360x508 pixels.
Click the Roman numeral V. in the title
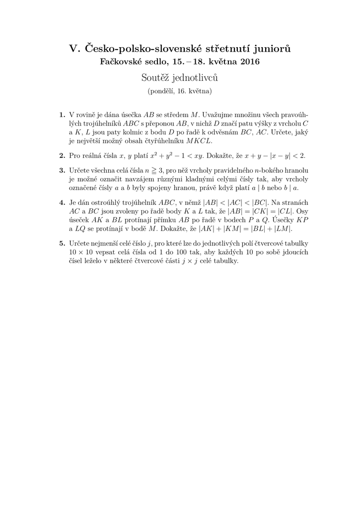73,49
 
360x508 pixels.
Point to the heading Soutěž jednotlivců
179,78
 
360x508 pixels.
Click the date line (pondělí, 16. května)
180,91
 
